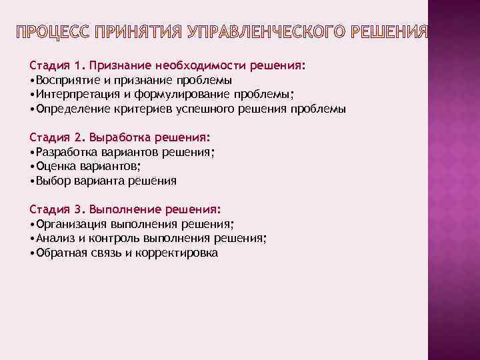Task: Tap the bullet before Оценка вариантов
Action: click(x=32, y=167)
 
